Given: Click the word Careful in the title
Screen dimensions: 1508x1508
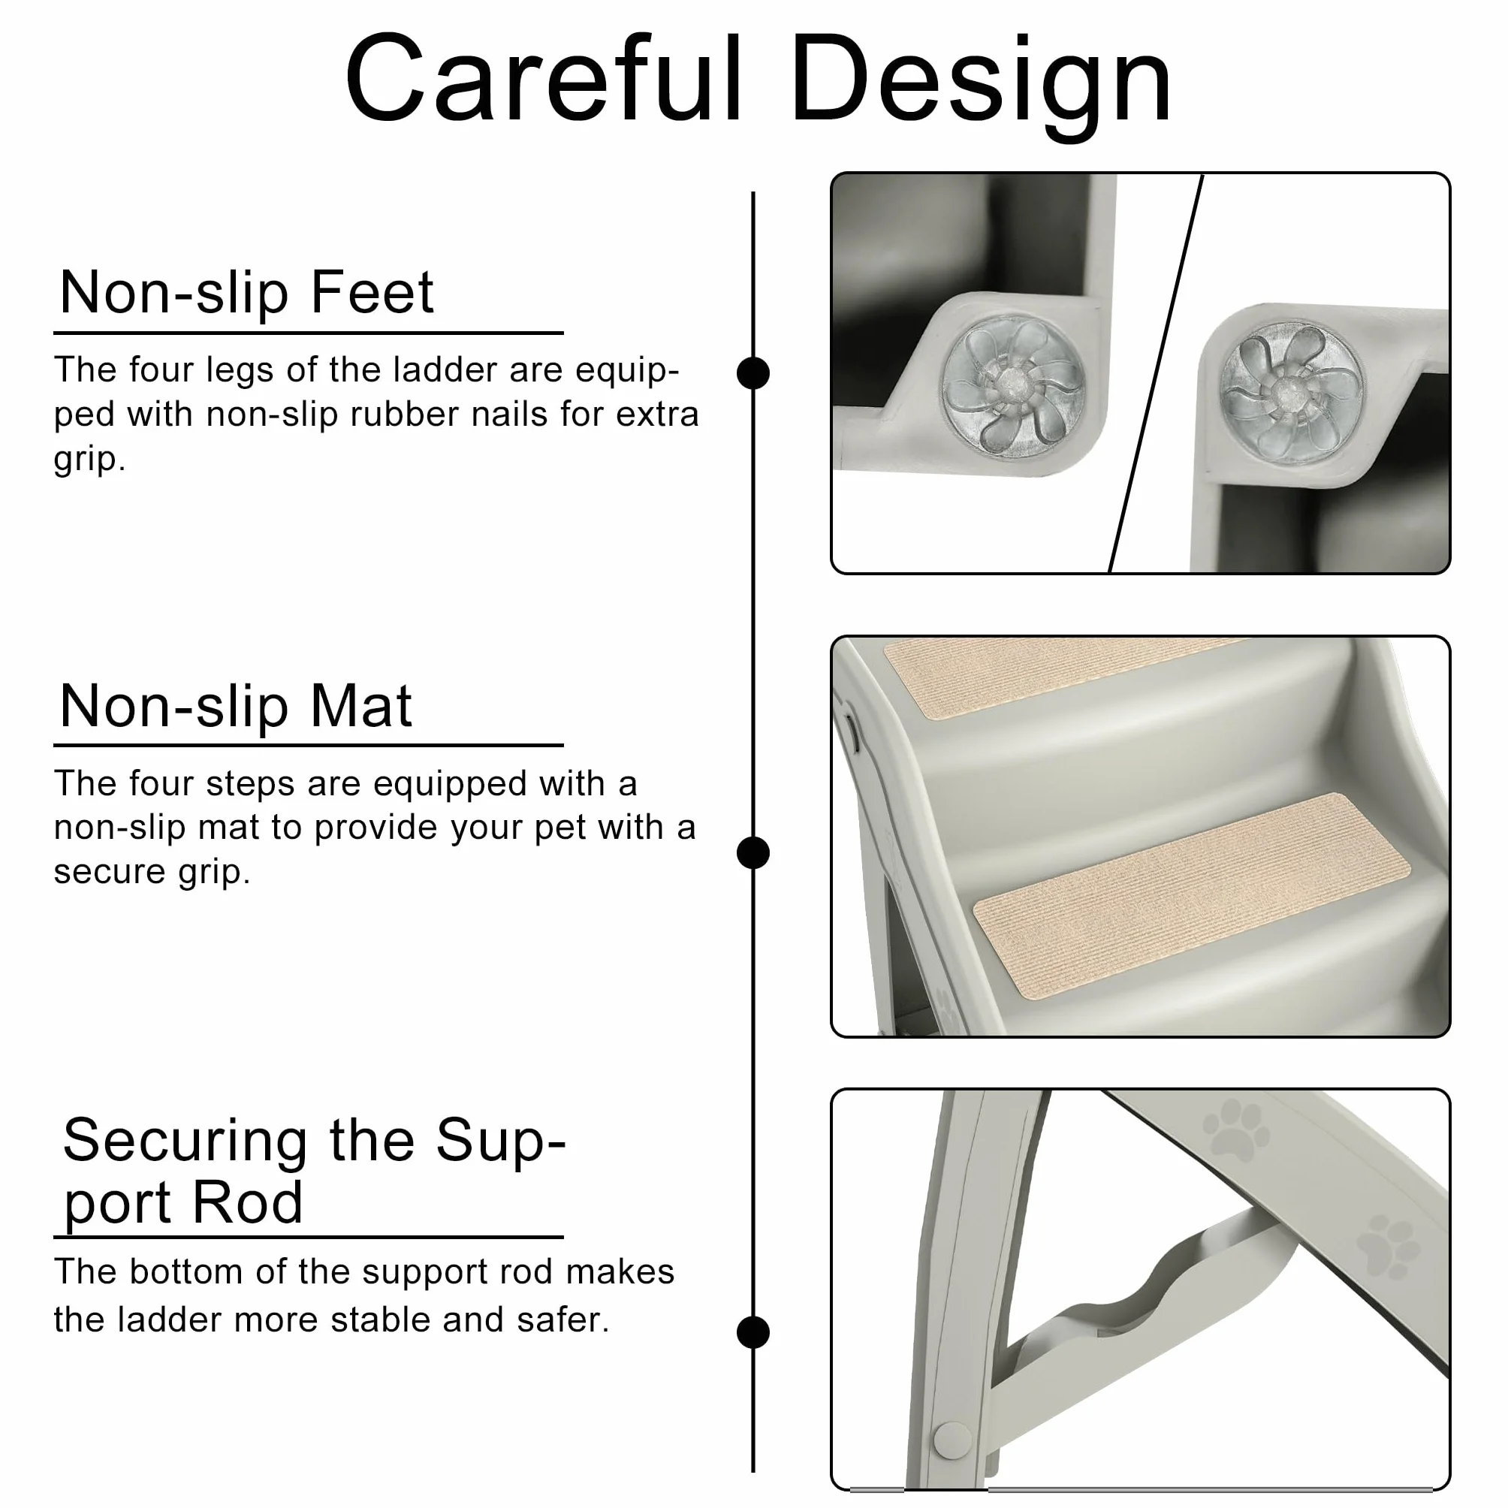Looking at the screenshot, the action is click(x=544, y=78).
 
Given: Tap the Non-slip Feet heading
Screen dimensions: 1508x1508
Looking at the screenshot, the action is click(x=246, y=292).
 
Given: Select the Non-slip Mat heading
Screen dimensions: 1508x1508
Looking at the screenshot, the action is click(x=236, y=706).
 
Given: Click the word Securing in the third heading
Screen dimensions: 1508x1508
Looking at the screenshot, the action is click(x=185, y=1142).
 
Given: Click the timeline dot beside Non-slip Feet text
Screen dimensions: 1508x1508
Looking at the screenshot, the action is click(x=753, y=373).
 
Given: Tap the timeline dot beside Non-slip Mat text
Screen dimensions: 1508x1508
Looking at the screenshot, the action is click(x=753, y=852).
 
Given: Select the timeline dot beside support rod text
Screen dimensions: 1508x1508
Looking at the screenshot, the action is click(x=753, y=1332).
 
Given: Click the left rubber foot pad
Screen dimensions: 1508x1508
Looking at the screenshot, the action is click(x=1013, y=386).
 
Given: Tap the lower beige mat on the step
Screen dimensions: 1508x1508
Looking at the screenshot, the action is click(x=1192, y=896).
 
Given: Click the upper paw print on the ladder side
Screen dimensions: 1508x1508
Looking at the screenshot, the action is click(x=1235, y=1129).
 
